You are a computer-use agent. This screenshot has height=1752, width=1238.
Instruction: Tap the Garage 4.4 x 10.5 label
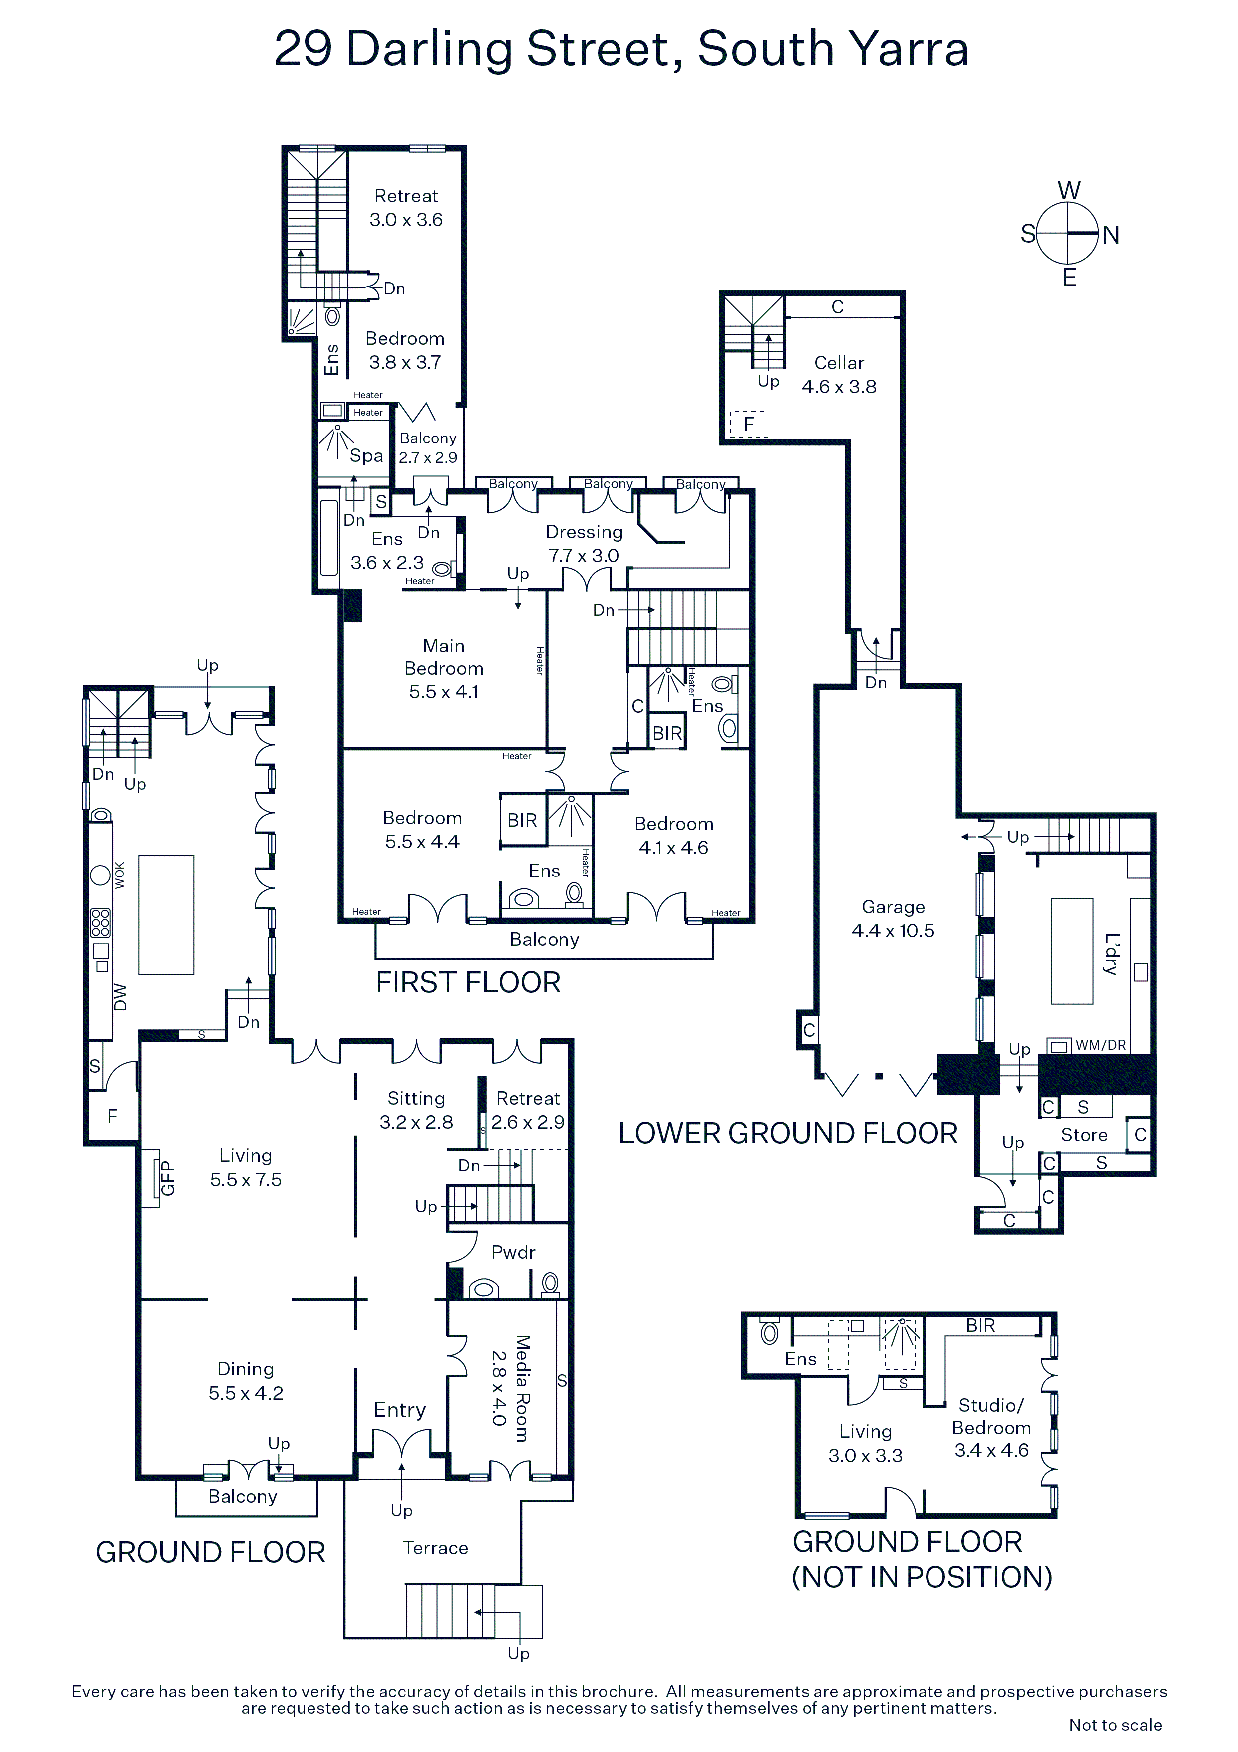[x=893, y=919]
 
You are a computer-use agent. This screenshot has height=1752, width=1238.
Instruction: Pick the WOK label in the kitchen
[x=120, y=875]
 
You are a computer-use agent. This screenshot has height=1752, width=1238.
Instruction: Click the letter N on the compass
[x=1111, y=235]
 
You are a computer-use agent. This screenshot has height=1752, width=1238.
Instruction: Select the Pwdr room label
[x=513, y=1252]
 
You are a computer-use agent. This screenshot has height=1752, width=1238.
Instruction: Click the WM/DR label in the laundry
[x=1101, y=1045]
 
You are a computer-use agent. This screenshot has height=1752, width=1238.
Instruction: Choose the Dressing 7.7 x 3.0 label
[x=584, y=543]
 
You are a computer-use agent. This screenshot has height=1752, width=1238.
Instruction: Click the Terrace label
[x=436, y=1548]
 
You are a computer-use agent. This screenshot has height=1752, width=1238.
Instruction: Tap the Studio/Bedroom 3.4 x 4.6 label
[x=991, y=1428]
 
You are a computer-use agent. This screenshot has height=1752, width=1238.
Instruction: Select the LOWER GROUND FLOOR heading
[x=788, y=1133]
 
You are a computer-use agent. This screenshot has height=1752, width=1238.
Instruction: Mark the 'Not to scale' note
[x=1115, y=1725]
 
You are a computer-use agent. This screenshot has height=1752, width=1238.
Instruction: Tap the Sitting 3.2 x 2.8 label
[x=416, y=1110]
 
